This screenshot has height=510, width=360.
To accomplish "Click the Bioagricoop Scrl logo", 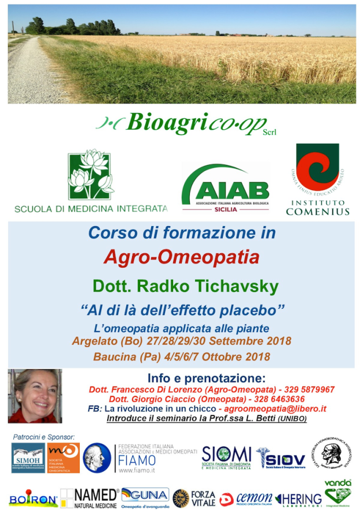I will tap(185, 124).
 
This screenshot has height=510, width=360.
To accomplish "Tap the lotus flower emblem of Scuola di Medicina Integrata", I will tap(91, 174).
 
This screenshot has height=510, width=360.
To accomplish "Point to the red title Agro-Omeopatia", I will tap(182, 257).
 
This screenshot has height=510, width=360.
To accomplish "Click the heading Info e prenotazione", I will tap(206, 378).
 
